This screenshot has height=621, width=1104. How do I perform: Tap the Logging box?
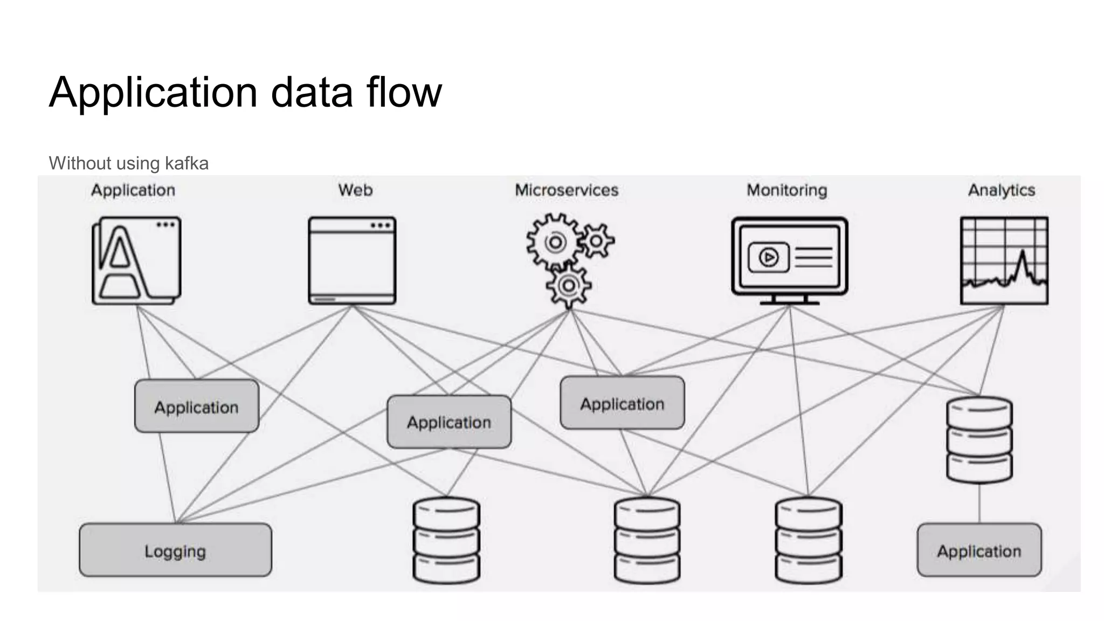tap(175, 550)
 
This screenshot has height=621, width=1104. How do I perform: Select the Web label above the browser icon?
tap(355, 190)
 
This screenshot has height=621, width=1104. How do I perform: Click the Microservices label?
tap(567, 190)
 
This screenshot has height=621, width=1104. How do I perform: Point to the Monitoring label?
tap(786, 190)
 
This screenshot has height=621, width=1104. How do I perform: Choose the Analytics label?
tap(1002, 190)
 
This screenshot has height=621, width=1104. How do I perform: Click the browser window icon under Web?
tap(352, 261)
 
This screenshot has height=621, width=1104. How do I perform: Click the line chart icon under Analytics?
tap(1004, 261)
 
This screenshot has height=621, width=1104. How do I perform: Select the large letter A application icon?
tap(136, 261)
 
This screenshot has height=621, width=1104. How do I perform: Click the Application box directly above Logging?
tap(197, 406)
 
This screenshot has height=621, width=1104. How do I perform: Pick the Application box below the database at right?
tap(979, 550)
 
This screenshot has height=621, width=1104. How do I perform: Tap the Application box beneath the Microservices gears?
tap(622, 403)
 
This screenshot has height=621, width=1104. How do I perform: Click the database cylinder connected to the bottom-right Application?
tap(979, 440)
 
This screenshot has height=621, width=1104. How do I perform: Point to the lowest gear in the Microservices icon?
tap(568, 286)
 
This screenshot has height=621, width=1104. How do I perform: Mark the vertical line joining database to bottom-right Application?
tap(979, 503)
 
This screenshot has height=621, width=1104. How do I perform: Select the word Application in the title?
tap(153, 92)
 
